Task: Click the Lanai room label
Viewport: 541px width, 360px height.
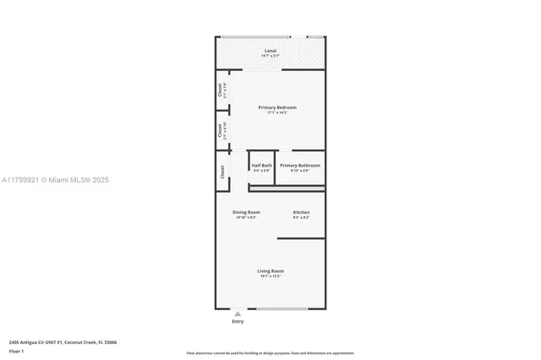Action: [x=270, y=51]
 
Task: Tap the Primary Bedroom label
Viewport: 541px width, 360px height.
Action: [x=277, y=107]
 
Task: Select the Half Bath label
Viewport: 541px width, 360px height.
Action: [x=261, y=165]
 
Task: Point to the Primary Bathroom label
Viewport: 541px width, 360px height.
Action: [x=300, y=165]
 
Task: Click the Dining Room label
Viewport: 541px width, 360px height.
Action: [x=246, y=212]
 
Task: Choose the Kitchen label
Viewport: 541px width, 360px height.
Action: [x=301, y=212]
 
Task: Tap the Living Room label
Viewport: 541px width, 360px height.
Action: [x=270, y=270]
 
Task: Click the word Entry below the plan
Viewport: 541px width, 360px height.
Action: [x=237, y=322]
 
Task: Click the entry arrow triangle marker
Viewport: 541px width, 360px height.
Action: [x=237, y=314]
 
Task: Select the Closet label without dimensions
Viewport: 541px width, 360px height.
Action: [x=222, y=171]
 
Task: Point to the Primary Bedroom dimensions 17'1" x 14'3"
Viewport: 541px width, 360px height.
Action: [x=277, y=113]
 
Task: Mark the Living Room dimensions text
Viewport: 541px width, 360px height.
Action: [x=270, y=276]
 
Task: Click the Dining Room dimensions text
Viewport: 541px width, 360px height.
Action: [x=246, y=218]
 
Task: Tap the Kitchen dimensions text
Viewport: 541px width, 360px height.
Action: [x=301, y=218]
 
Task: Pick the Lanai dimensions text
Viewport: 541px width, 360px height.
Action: [x=270, y=57]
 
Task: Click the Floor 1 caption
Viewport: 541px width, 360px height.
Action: [x=17, y=351]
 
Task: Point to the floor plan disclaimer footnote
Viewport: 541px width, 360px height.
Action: [x=270, y=352]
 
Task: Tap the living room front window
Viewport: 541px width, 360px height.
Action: [x=282, y=308]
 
